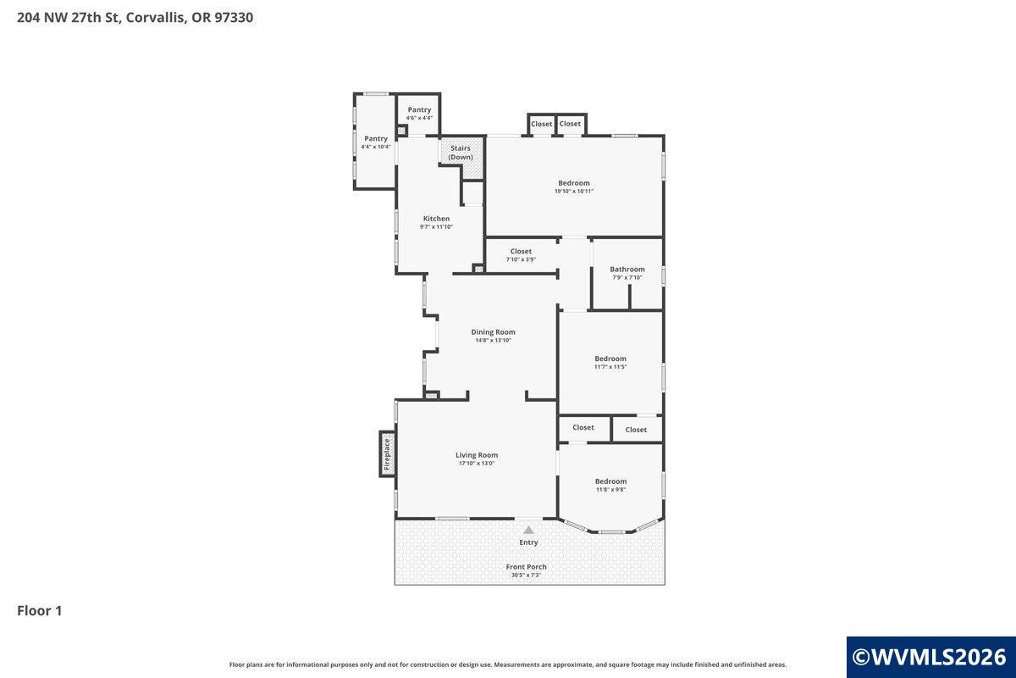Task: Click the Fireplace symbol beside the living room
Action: (x=387, y=453)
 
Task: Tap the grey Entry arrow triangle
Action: (x=528, y=530)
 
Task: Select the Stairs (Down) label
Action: (x=461, y=153)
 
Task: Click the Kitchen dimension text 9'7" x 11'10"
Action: (x=436, y=226)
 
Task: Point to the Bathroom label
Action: (x=627, y=270)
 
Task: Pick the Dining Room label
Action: (x=493, y=332)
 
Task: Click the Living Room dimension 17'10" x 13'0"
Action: (x=477, y=464)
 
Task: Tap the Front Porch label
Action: (x=526, y=567)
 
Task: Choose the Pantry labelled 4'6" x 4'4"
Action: (x=419, y=109)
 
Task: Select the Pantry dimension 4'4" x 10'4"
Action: (x=376, y=147)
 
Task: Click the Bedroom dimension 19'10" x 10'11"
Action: (x=574, y=192)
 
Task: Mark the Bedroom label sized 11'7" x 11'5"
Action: (x=610, y=358)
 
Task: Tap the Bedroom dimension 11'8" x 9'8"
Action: (x=611, y=490)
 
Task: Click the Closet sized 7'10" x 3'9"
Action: (x=521, y=251)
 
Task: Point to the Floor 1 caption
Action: (x=40, y=611)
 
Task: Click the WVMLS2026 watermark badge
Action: (x=930, y=657)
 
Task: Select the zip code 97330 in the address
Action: (x=234, y=18)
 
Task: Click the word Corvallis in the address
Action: (x=156, y=18)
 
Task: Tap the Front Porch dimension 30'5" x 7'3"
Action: (x=526, y=575)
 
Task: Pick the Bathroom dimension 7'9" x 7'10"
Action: (x=627, y=277)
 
